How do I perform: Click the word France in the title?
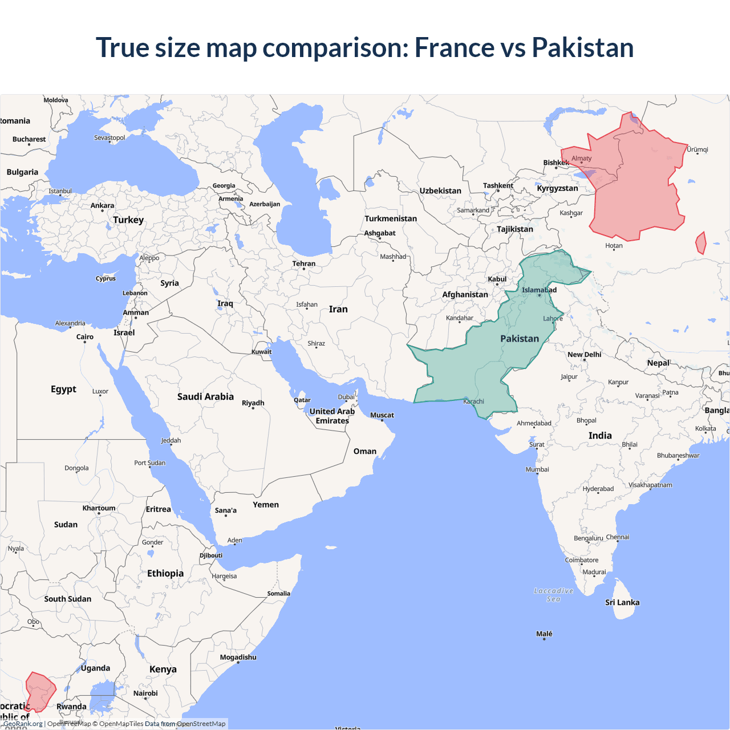(454, 47)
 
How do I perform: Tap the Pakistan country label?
(519, 339)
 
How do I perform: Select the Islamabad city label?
(539, 290)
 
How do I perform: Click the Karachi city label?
(473, 401)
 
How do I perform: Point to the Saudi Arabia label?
(205, 397)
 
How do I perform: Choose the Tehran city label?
(303, 264)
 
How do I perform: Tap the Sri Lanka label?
(622, 603)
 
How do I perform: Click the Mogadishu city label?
(238, 658)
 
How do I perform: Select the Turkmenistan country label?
(391, 219)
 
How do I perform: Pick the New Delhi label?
(584, 355)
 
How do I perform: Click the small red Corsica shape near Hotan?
(701, 244)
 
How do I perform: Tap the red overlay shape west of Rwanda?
(40, 692)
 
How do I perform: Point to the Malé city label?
(544, 634)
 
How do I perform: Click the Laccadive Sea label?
(553, 595)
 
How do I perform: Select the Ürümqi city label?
(697, 150)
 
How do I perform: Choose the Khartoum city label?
(99, 508)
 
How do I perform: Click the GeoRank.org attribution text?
(23, 724)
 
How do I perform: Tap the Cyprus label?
(106, 279)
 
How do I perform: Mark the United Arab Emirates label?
(332, 416)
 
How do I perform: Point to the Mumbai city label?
(537, 470)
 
